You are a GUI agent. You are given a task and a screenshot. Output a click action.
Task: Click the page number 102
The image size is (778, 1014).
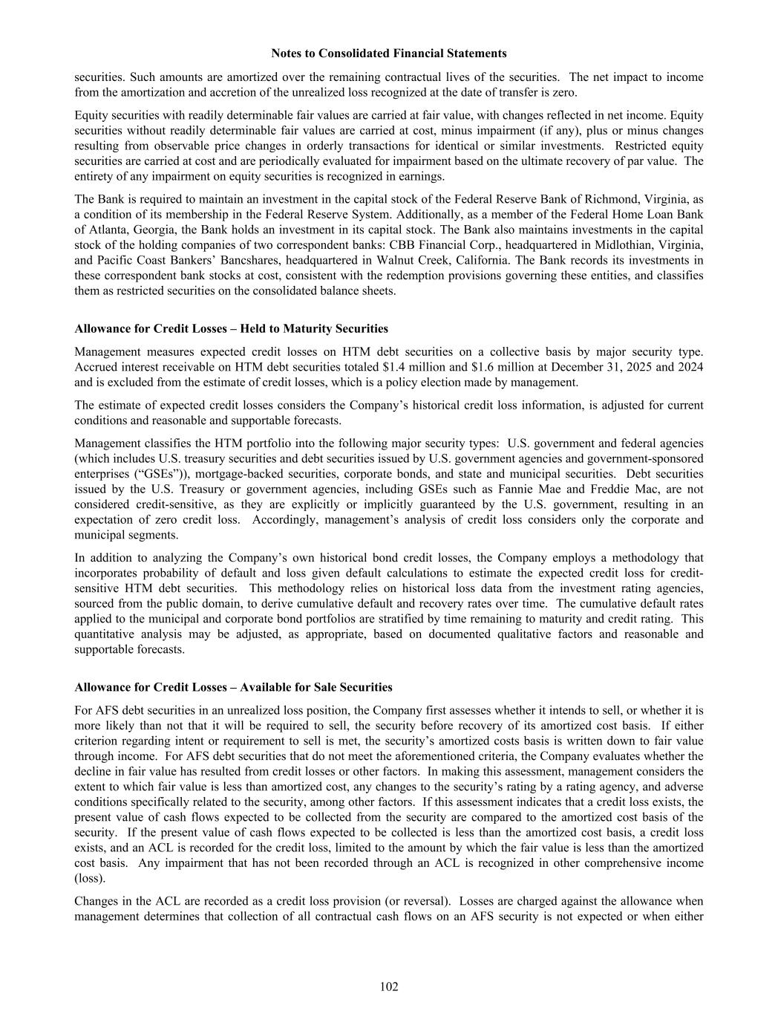pyautogui.click(x=389, y=987)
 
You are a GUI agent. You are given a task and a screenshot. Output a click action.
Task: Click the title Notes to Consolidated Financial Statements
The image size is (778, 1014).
pyautogui.click(x=389, y=53)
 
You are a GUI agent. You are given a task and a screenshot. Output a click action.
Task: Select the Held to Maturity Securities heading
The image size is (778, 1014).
pyautogui.click(x=231, y=328)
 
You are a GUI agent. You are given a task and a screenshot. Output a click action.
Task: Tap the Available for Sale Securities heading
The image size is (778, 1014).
pyautogui.click(x=233, y=687)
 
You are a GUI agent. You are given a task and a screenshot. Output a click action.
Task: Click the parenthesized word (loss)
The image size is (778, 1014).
pyautogui.click(x=90, y=878)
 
